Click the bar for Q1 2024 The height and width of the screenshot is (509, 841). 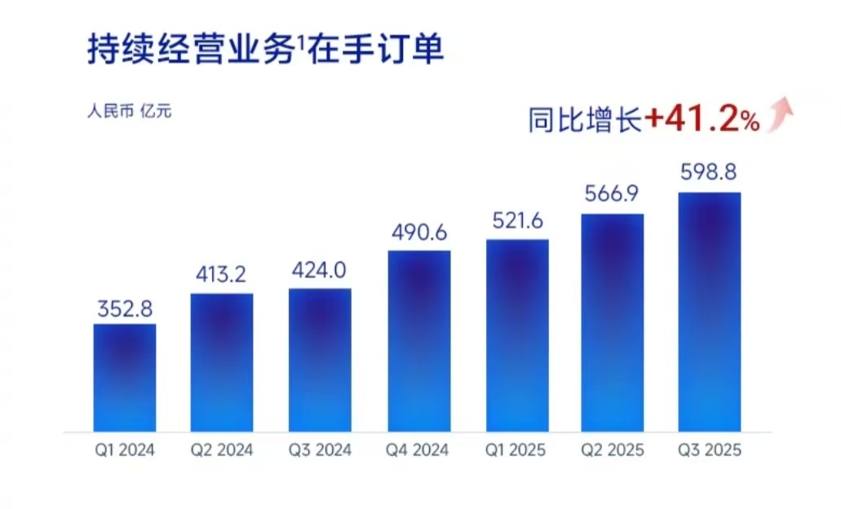124,377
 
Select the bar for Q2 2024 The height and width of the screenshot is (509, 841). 222,362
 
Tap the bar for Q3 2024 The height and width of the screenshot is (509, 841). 320,359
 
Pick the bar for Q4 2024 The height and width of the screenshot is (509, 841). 418,340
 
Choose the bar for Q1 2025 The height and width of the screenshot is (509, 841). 517,334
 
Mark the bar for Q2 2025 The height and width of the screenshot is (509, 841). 613,322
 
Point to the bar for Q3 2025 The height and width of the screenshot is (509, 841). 710,312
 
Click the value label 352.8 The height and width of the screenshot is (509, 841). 124,310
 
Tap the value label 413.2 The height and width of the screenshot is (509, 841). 222,276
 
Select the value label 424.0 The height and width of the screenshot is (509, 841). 320,271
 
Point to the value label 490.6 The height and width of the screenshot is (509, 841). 418,232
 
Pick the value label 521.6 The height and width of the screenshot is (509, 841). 517,221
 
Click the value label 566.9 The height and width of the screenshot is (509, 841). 613,195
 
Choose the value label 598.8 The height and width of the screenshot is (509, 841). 710,173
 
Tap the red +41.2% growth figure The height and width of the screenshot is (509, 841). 702,121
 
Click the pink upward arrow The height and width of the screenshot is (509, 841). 783,113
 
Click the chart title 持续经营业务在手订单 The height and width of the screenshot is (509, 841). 265,50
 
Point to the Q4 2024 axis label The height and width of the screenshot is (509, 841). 418,450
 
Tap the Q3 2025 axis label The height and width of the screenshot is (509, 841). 710,450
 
